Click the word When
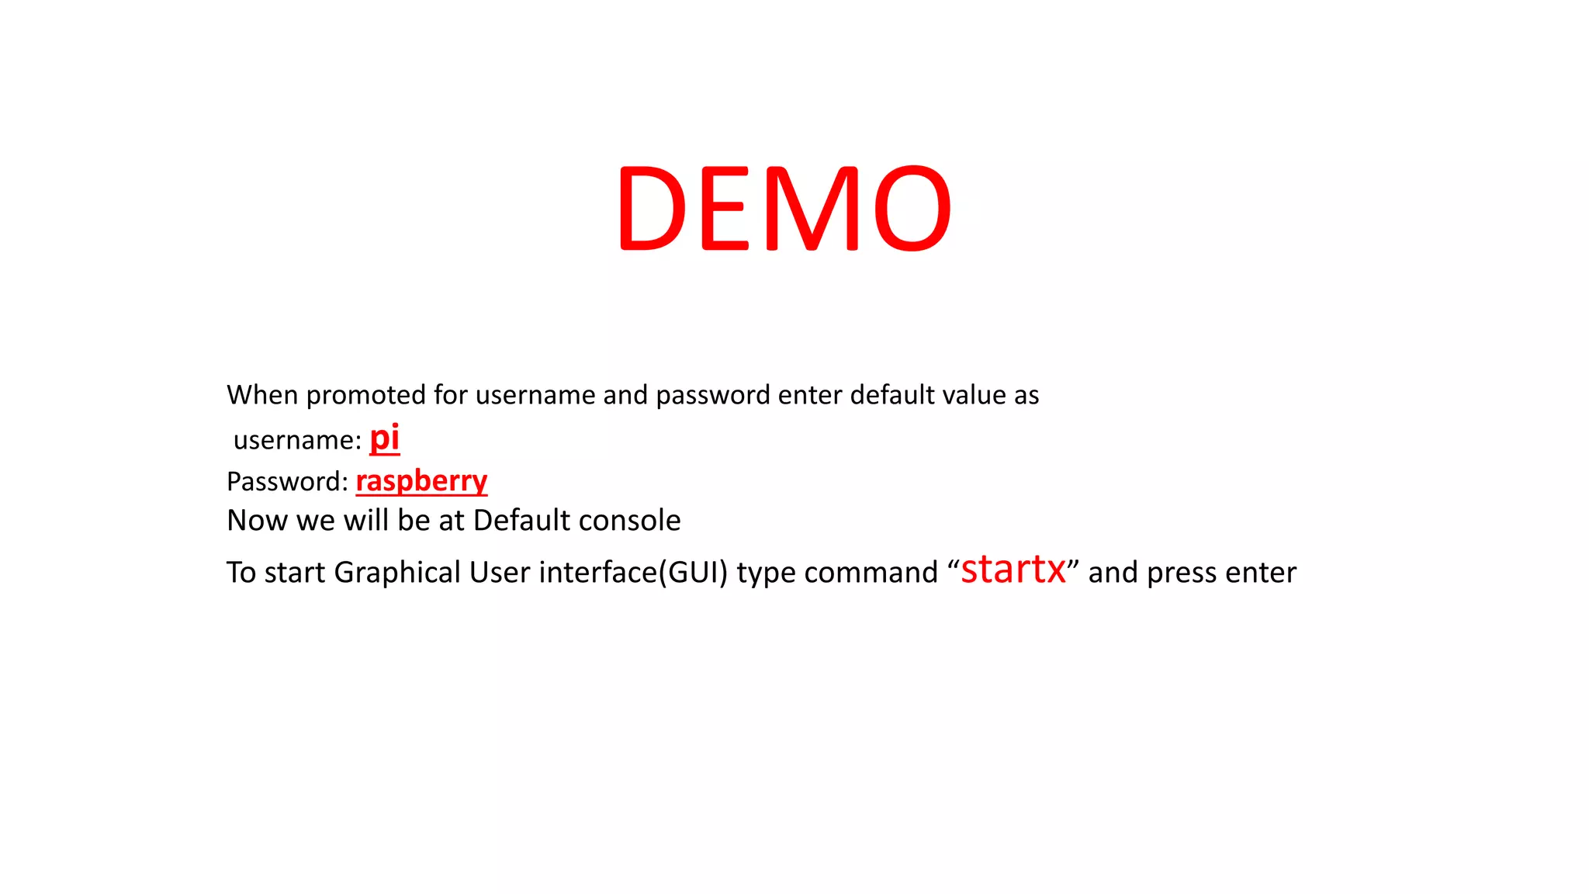262,395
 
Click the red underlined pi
384,438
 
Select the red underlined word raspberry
421,482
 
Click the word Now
257,521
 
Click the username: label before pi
297,441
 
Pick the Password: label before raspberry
287,482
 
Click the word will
366,521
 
